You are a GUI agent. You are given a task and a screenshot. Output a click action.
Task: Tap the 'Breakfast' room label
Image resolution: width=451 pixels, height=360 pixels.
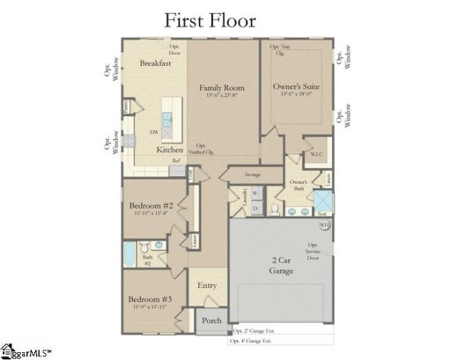coord(155,62)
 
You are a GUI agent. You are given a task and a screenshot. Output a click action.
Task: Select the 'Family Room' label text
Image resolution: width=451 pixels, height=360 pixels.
coord(221,89)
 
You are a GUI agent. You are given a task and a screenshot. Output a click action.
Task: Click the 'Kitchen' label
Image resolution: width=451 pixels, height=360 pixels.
coord(170,150)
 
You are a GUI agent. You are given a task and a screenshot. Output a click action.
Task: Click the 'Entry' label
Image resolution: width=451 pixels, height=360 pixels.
coord(207,285)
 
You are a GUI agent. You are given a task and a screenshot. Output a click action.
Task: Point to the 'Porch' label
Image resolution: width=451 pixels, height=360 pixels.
coord(211,320)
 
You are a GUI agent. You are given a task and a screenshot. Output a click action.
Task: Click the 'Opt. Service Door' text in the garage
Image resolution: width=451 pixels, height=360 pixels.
coord(313,252)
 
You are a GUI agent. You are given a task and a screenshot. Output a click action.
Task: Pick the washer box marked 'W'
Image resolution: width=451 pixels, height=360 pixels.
coord(255,193)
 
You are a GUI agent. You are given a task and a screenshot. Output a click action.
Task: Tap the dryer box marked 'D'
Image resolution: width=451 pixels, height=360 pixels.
coord(255,208)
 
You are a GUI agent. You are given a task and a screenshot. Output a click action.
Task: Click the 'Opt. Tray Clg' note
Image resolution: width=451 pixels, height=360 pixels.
coord(280,48)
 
